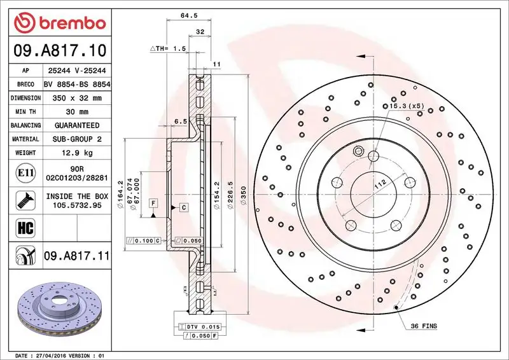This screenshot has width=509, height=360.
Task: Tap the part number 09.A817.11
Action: (x=77, y=256)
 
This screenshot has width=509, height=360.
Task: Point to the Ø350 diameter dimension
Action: (x=242, y=202)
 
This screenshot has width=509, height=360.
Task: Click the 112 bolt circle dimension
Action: (x=380, y=185)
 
